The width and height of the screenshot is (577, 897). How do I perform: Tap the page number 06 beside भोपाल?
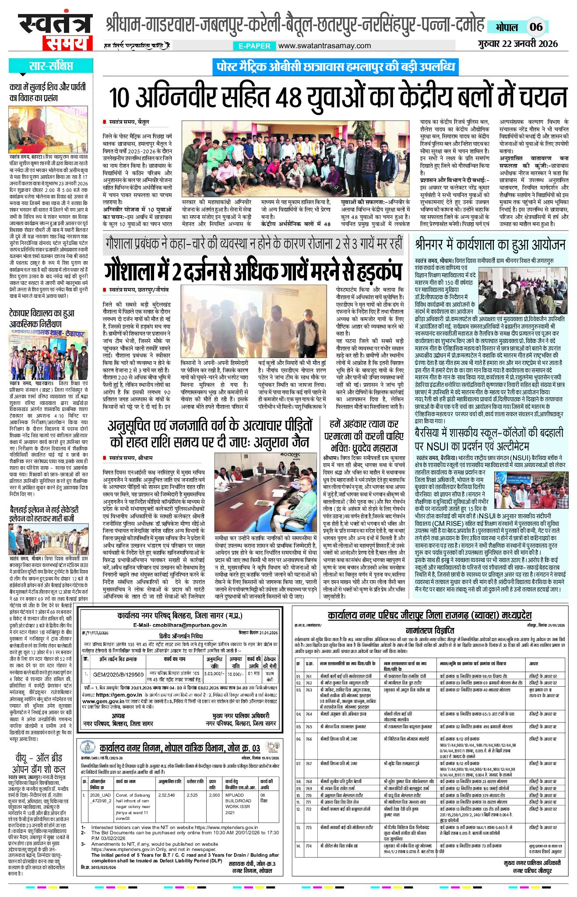pyautogui.click(x=536, y=27)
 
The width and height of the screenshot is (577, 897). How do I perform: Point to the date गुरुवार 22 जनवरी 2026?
pyautogui.click(x=518, y=43)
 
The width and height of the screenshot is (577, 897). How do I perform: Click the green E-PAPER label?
pyautogui.click(x=254, y=46)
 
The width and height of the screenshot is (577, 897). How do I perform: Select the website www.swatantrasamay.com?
pyautogui.click(x=324, y=46)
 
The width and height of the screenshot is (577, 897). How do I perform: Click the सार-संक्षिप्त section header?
pyautogui.click(x=50, y=66)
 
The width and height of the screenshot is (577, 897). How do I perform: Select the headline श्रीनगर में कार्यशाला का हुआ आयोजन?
pyautogui.click(x=490, y=244)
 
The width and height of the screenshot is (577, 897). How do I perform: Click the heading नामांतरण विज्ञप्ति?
pyautogui.click(x=429, y=631)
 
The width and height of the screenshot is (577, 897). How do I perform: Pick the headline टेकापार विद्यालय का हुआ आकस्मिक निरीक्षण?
pyautogui.click(x=42, y=319)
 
